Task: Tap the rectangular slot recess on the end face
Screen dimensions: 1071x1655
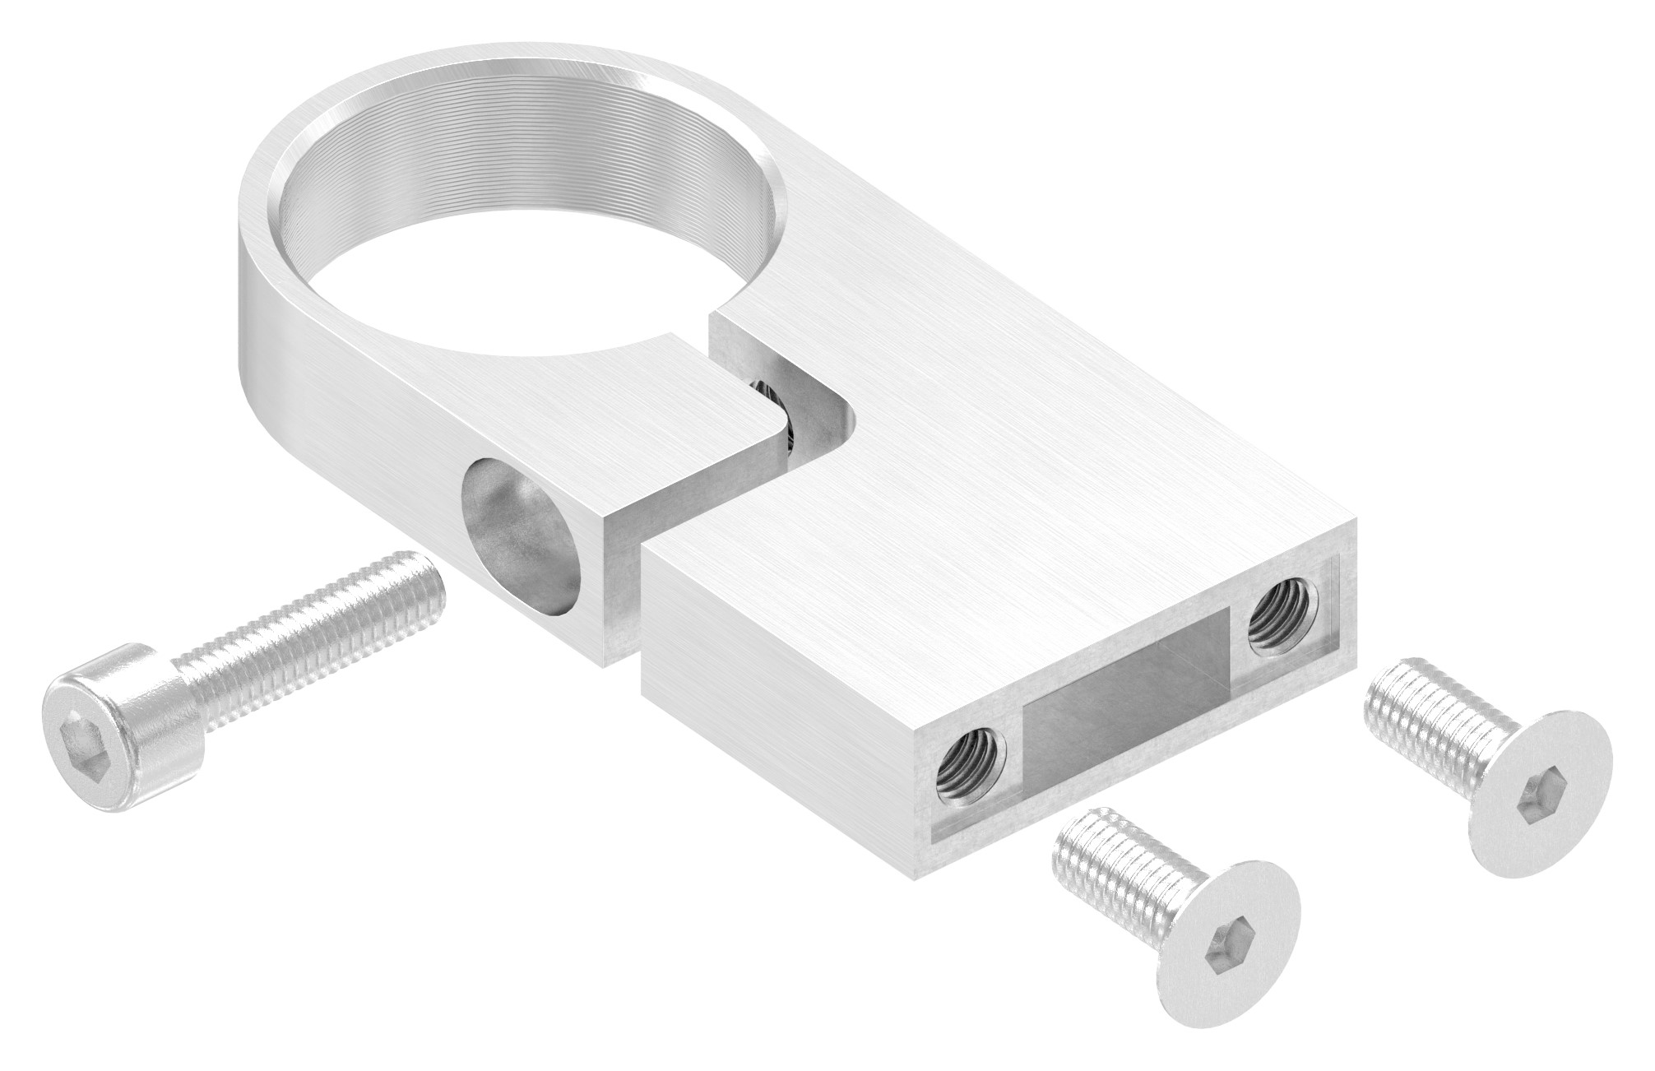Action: pos(1127,699)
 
